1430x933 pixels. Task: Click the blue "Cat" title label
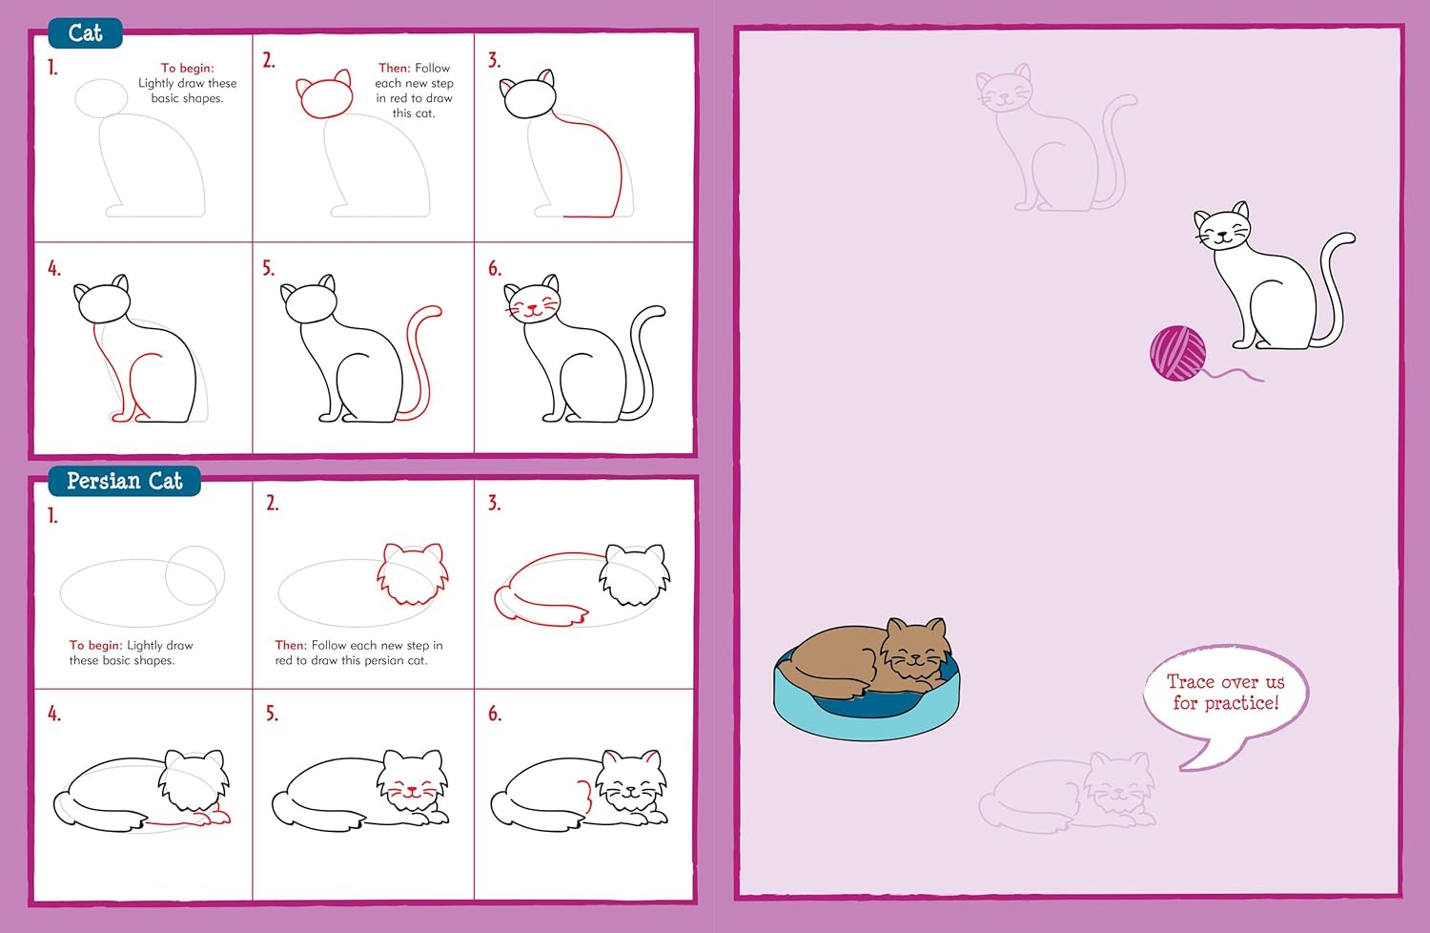pos(85,33)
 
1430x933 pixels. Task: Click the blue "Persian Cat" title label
pos(124,481)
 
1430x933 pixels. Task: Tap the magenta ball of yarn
pos(1177,353)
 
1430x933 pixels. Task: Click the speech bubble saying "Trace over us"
pos(1225,694)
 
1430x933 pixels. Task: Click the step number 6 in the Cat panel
pos(495,269)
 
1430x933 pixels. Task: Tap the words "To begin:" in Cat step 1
pos(187,68)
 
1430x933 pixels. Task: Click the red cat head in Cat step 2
pos(325,96)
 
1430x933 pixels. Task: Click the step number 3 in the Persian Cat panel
pos(494,504)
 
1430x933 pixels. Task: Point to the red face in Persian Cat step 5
pos(412,789)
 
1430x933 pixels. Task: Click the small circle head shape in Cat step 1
pos(101,97)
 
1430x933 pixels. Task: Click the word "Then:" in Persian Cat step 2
pos(290,645)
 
